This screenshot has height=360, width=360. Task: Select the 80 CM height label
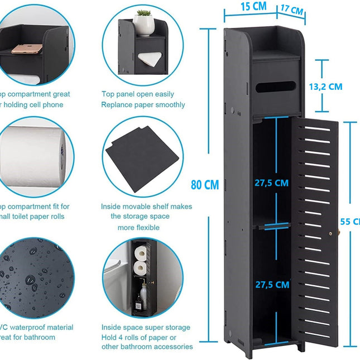point(205,185)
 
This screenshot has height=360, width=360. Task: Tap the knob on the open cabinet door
point(332,234)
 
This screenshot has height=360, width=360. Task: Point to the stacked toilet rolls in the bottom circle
point(141,261)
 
